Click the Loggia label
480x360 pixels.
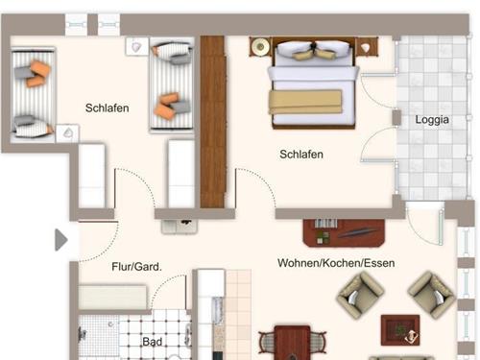(432, 120)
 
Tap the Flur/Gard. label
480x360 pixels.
(136, 267)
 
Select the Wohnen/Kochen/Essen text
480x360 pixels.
(336, 263)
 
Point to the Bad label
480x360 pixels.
(153, 342)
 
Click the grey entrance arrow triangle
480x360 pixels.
(60, 240)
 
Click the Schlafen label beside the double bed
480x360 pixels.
(301, 155)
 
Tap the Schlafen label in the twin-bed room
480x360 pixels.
(108, 108)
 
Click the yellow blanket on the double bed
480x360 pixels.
(305, 102)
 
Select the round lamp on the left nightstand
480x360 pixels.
(260, 47)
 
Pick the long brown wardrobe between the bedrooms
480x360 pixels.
(213, 122)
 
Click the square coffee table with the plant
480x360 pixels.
(400, 330)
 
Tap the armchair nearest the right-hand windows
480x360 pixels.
(432, 295)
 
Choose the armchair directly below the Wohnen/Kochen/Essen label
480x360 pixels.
(360, 295)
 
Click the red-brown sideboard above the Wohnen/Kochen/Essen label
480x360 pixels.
(344, 233)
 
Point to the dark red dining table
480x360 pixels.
(292, 343)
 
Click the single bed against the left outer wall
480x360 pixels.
(34, 95)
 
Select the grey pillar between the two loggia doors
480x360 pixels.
(396, 117)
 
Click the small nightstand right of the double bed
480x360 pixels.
(367, 47)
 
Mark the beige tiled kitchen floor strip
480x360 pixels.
(239, 315)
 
